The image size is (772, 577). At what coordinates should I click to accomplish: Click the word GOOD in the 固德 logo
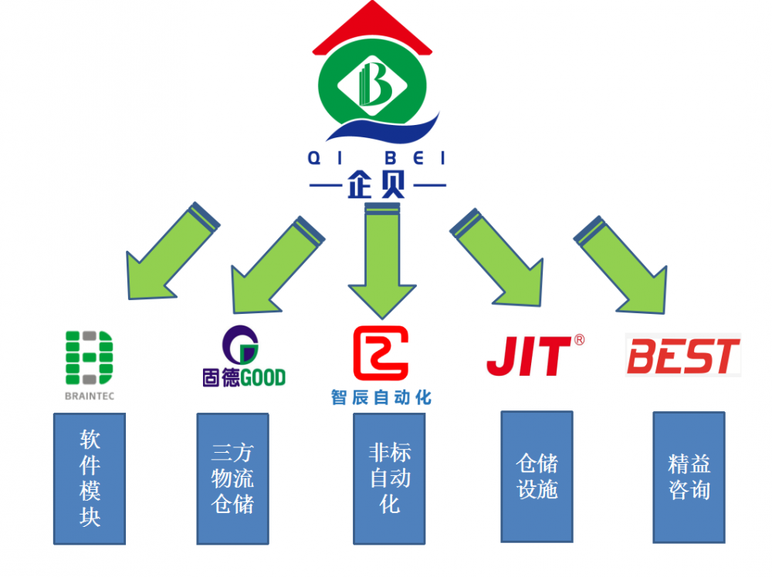coord(259,377)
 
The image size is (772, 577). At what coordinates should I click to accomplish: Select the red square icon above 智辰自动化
coord(380,353)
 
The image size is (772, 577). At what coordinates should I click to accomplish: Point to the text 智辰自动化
coord(381,397)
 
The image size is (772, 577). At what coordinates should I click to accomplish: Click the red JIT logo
coord(528,356)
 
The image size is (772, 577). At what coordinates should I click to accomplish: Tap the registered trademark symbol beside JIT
coord(579,339)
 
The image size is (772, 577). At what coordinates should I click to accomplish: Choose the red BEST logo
coord(682,356)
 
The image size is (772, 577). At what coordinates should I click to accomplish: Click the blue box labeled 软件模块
coord(90,478)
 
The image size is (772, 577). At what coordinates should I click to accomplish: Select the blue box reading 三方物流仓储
coord(232,478)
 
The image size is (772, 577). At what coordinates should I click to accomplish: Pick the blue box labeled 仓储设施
coord(537,475)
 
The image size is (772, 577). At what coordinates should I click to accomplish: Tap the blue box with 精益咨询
coord(689,476)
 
